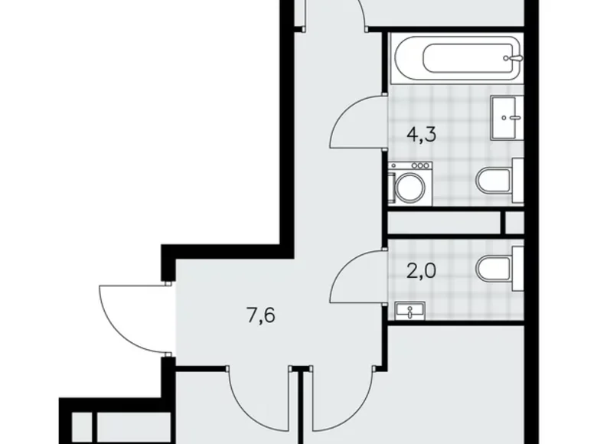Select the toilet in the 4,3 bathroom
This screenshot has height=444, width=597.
coord(497,181)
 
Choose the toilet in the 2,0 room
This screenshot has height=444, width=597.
coord(497,269)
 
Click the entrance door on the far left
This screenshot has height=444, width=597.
coord(130,315)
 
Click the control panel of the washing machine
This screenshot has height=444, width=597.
coord(411,165)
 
